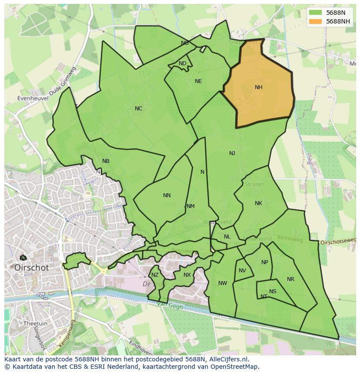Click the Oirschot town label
(31, 268)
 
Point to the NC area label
(138, 109)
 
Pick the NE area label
(198, 81)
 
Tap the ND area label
(183, 63)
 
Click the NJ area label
(232, 153)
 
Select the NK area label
(258, 203)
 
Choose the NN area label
(167, 195)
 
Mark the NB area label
(106, 161)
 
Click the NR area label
(290, 279)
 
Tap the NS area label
(273, 291)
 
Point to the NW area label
(223, 283)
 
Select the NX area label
(187, 275)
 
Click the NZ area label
(155, 275)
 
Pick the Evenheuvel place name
(33, 99)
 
